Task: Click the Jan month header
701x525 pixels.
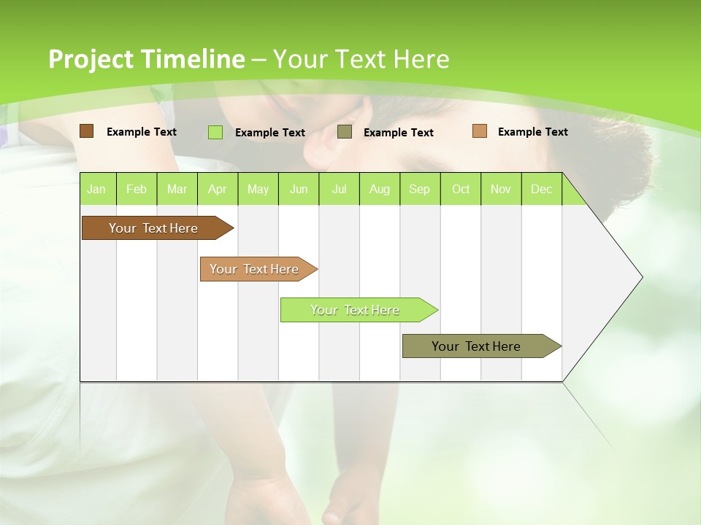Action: pyautogui.click(x=97, y=189)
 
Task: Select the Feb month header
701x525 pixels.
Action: pyautogui.click(x=137, y=189)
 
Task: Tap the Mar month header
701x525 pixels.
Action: pyautogui.click(x=177, y=189)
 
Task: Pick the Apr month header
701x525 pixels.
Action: pyautogui.click(x=218, y=189)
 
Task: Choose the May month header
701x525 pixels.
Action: pyautogui.click(x=258, y=189)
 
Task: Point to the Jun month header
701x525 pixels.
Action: pyautogui.click(x=299, y=189)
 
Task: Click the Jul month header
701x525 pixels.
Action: pyautogui.click(x=339, y=189)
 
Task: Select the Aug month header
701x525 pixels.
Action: pyautogui.click(x=380, y=189)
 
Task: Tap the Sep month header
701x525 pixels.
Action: pyautogui.click(x=420, y=189)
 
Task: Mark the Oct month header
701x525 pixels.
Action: pyautogui.click(x=461, y=189)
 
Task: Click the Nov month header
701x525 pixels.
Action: pyautogui.click(x=501, y=189)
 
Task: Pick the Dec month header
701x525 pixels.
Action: pyautogui.click(x=542, y=189)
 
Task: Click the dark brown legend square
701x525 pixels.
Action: pyautogui.click(x=87, y=131)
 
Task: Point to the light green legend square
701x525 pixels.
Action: pyautogui.click(x=215, y=132)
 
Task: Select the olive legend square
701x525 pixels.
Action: pyautogui.click(x=345, y=132)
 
